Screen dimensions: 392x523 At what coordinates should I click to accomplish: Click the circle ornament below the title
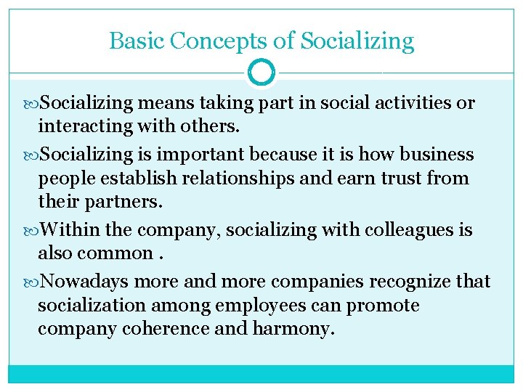[261, 72]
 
